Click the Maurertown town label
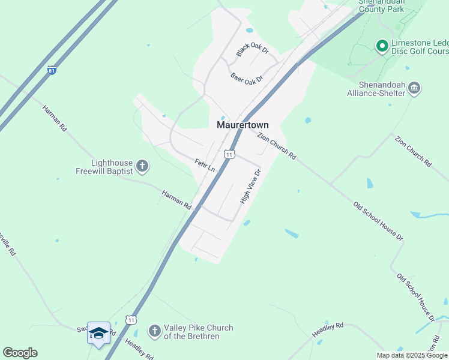(x=243, y=125)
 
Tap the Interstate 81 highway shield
(x=52, y=70)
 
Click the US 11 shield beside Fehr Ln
(x=229, y=154)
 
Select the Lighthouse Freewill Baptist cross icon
(x=142, y=166)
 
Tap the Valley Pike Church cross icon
(x=154, y=331)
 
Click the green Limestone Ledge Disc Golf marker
(x=381, y=46)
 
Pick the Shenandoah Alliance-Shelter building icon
(x=414, y=89)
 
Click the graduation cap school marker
(x=98, y=332)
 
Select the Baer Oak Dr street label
(x=247, y=77)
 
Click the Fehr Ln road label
(x=205, y=165)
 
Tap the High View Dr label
(x=251, y=187)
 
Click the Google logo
(x=20, y=353)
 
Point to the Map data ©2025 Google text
(x=412, y=355)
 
